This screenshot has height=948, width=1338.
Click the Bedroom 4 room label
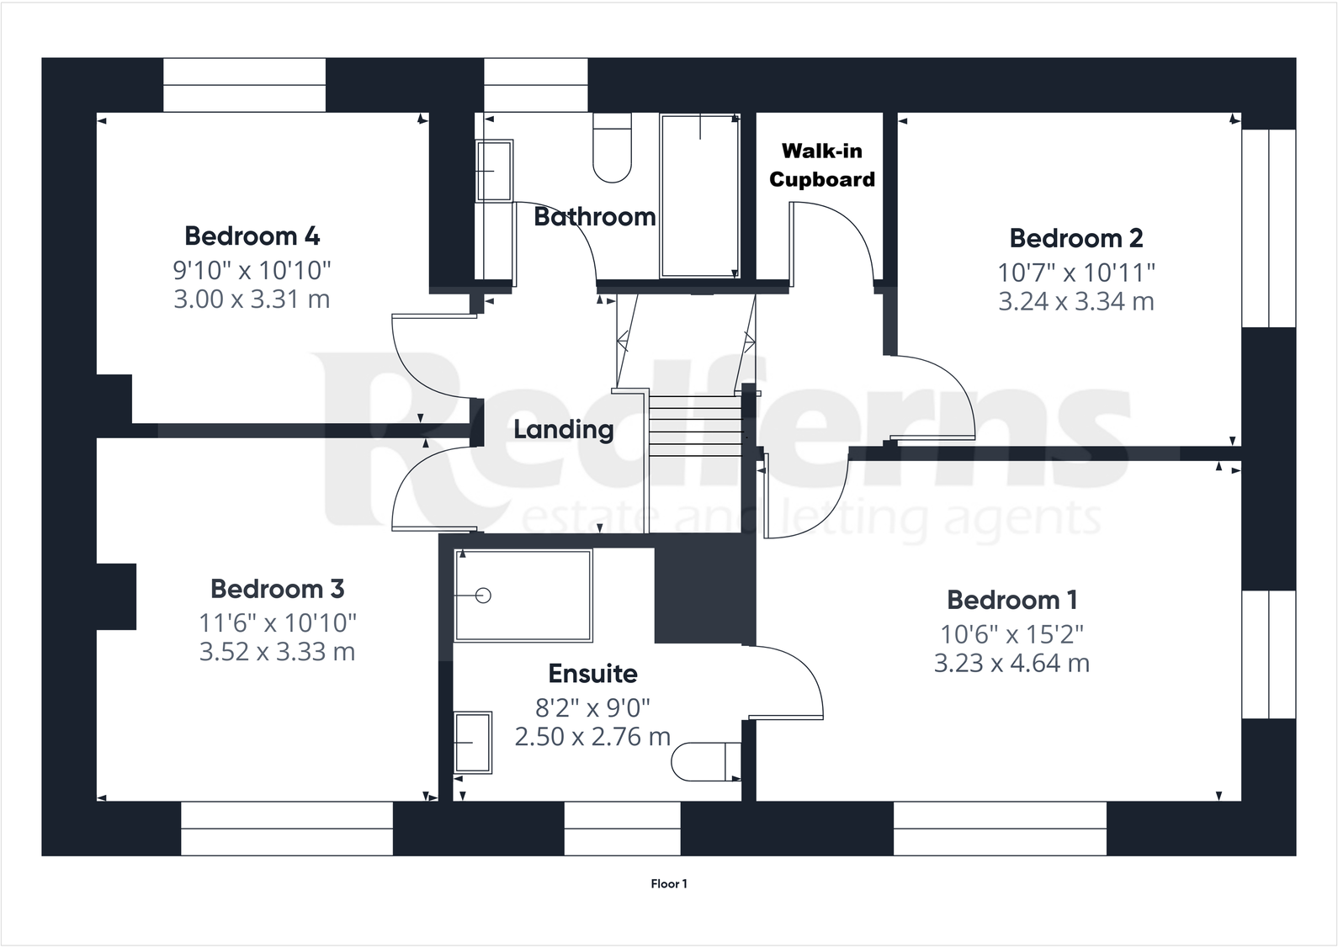click(252, 236)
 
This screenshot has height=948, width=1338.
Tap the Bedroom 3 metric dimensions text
click(277, 652)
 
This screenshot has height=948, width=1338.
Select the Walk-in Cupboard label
click(821, 165)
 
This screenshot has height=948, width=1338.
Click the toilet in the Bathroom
click(612, 148)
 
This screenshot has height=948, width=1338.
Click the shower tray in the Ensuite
click(523, 596)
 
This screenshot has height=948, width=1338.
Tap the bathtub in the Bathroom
click(699, 196)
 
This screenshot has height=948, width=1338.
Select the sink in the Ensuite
click(472, 743)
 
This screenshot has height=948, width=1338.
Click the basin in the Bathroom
click(493, 171)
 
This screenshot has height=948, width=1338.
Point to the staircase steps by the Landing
click(695, 426)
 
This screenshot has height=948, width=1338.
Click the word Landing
click(563, 430)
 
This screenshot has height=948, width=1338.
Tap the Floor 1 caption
click(669, 884)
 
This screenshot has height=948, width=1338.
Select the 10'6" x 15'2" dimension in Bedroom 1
click(1011, 633)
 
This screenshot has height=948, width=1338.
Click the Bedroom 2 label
click(1075, 238)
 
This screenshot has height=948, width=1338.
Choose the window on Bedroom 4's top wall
click(244, 85)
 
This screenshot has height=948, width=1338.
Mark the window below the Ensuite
click(621, 829)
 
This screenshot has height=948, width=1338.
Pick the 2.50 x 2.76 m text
click(592, 737)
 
